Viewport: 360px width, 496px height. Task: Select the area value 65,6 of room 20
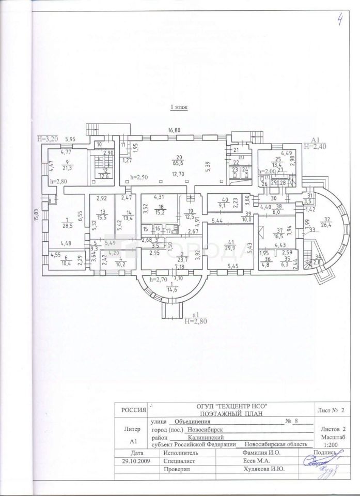point(180,162)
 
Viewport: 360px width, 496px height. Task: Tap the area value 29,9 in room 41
point(230,247)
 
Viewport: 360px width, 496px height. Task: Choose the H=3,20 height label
point(49,139)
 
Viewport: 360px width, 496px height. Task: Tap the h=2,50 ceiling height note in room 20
point(139,177)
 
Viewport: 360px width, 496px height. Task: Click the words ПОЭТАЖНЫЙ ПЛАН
point(217,414)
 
